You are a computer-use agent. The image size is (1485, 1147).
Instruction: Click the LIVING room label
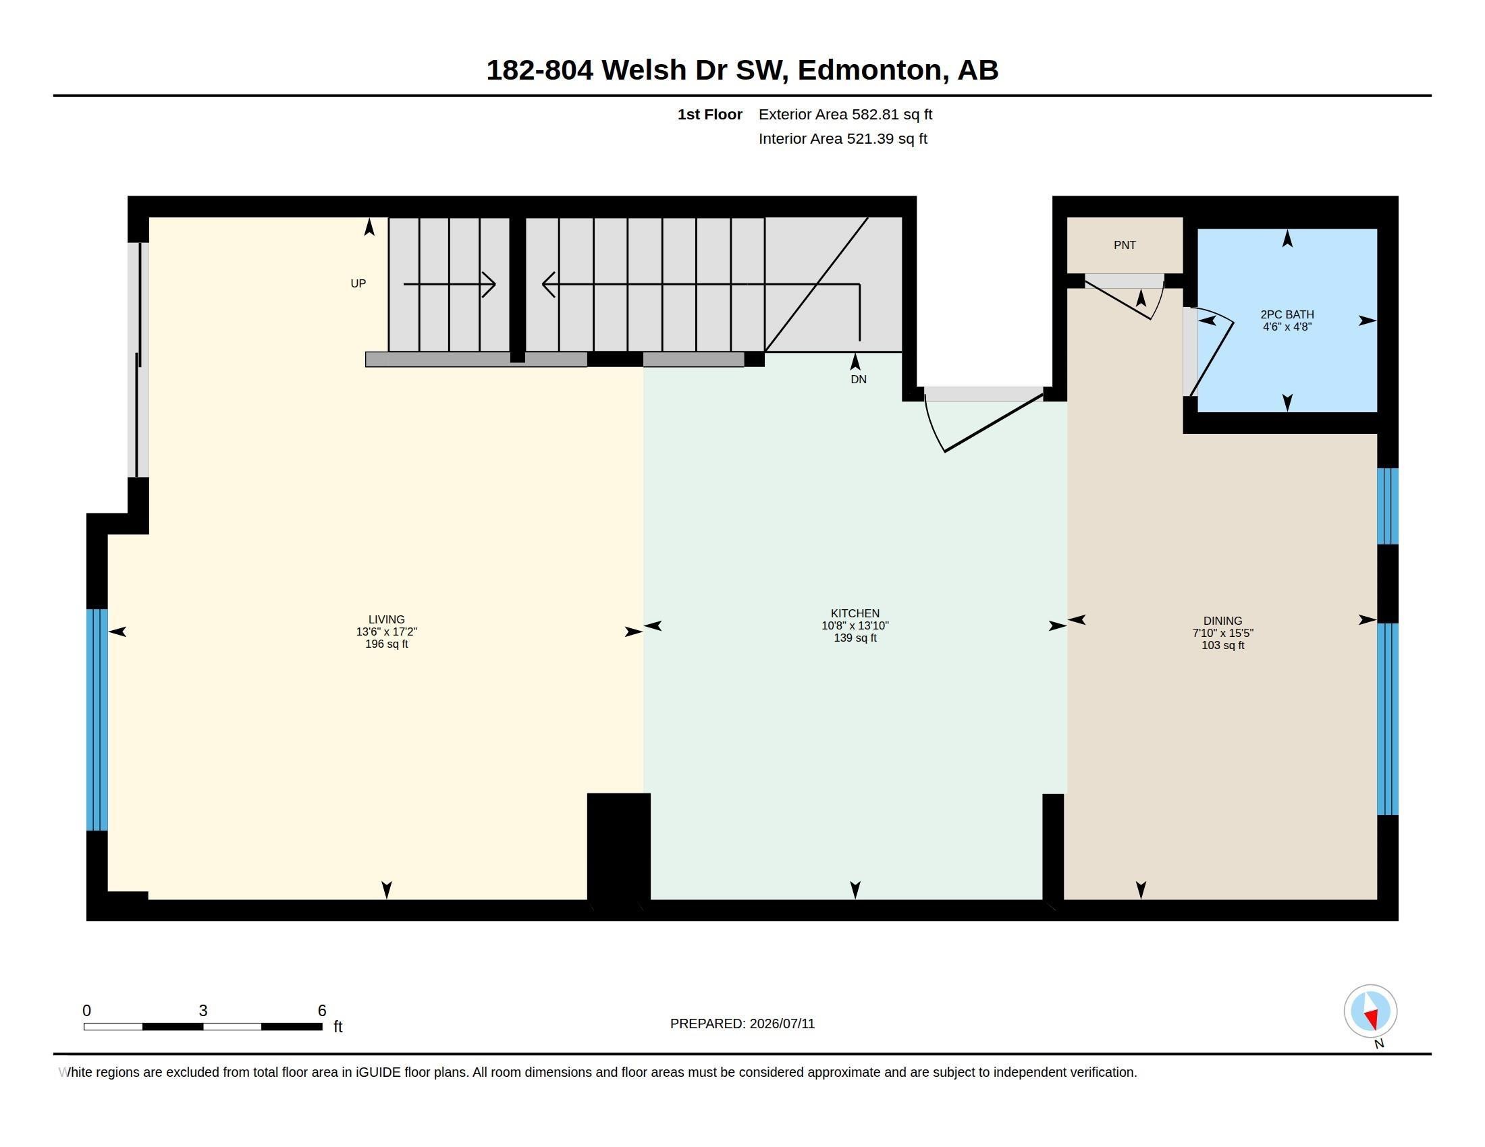coord(386,619)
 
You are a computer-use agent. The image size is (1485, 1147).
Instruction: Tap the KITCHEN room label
coord(855,613)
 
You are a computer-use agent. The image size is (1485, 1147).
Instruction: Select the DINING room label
coord(1222,620)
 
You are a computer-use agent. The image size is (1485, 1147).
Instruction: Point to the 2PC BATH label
coord(1287,314)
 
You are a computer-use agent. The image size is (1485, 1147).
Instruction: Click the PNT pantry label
coord(1125,245)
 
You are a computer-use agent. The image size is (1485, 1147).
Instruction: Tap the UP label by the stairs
coord(358,283)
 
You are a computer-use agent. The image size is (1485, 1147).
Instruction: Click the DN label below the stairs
coord(859,379)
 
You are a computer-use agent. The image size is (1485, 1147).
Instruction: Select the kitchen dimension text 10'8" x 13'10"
coord(855,625)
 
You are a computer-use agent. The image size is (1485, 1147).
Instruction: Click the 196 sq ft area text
coord(386,644)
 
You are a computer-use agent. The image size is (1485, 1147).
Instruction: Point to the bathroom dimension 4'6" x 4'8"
coord(1287,326)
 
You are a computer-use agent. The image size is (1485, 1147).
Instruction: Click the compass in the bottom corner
coord(1370,1011)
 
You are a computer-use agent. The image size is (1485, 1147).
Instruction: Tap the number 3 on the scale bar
coord(202,1011)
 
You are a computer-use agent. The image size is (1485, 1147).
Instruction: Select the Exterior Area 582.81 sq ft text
coord(845,114)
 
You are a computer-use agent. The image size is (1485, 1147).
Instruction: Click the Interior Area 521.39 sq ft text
coord(842,138)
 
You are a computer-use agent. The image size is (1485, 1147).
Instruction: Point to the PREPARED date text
coord(742,1024)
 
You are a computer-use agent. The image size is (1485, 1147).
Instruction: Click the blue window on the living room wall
coord(97,720)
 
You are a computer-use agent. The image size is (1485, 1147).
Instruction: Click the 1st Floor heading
coord(709,114)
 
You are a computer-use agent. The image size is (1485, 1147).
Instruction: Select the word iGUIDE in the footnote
coord(378,1072)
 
